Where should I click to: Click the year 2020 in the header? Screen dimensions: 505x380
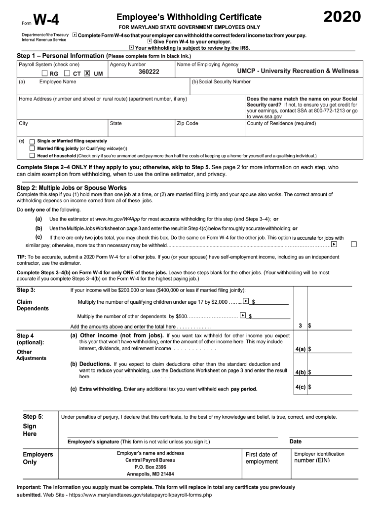(342, 17)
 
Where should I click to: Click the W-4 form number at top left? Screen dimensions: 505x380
(46, 21)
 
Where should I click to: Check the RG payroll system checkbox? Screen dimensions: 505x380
(45, 73)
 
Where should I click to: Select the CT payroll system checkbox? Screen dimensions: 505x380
(67, 73)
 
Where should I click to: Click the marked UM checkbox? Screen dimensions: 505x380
(87, 73)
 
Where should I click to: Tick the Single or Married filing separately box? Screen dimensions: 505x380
(33, 141)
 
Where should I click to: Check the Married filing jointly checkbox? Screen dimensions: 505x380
(33, 148)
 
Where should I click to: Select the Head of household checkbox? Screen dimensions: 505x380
(33, 155)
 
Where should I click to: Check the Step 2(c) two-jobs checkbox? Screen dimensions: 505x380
(353, 244)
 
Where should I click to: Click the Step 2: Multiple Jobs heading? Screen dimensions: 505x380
(72, 188)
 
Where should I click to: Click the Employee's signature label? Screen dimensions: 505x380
(93, 441)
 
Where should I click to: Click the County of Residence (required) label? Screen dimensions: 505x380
(281, 123)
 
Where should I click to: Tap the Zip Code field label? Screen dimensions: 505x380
(188, 123)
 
